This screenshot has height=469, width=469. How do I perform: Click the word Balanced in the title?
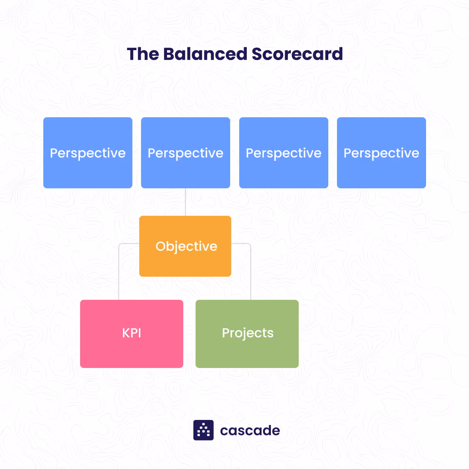click(x=205, y=54)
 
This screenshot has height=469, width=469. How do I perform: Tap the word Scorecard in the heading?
click(x=297, y=54)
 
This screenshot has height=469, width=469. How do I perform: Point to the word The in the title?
click(x=143, y=54)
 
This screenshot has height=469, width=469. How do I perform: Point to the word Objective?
click(x=186, y=246)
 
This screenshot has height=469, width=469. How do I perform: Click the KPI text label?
click(x=131, y=333)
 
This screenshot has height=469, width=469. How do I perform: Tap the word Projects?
click(x=247, y=333)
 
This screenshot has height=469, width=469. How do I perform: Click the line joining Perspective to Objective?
click(x=185, y=202)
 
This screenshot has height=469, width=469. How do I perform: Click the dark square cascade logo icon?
click(x=203, y=430)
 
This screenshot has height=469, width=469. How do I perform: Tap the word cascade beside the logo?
click(x=250, y=430)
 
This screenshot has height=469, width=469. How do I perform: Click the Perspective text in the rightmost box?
click(x=381, y=153)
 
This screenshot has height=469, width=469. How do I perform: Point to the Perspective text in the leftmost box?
click(x=88, y=153)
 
